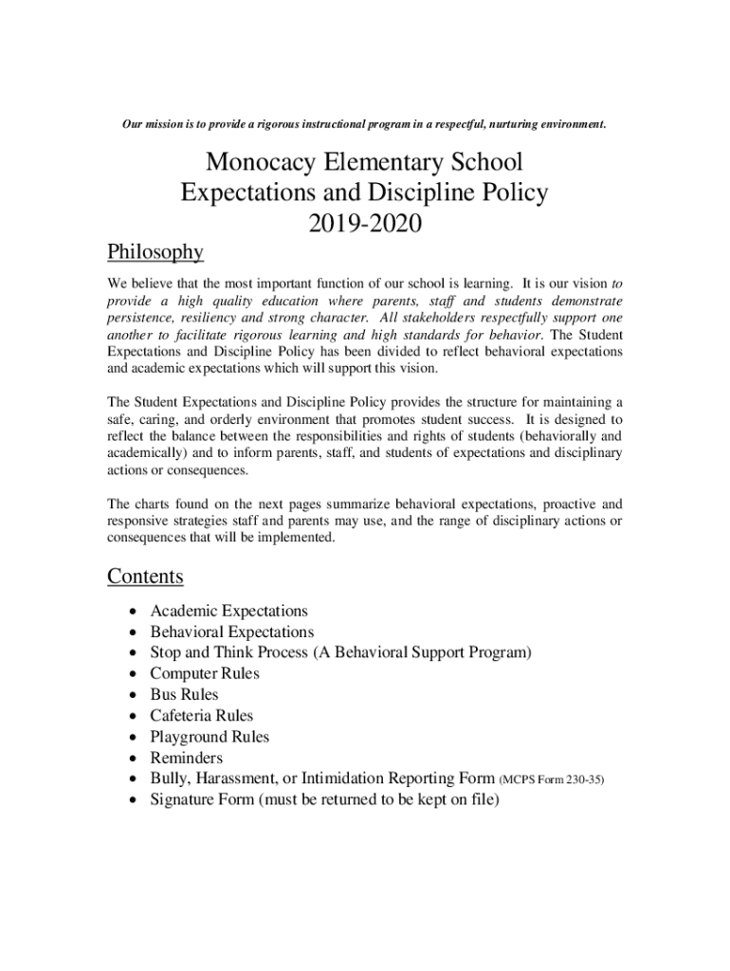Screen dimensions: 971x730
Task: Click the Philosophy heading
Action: [155, 252]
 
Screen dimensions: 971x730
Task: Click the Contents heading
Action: [145, 577]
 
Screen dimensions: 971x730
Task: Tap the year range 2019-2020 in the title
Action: [364, 225]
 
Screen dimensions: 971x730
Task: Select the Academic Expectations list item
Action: [228, 612]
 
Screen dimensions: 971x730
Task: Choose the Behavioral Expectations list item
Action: [231, 632]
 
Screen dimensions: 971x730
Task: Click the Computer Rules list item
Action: [205, 674]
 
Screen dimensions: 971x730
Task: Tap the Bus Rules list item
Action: [184, 695]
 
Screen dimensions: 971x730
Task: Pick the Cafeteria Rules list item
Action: [202, 716]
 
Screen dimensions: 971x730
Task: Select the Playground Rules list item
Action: [210, 737]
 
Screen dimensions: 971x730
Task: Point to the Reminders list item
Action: [187, 758]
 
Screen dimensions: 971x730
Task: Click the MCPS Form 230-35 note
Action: [551, 780]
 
